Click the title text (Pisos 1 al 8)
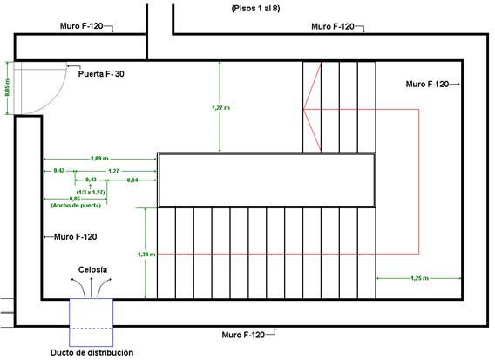pyautogui.click(x=255, y=9)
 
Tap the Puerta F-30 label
pyautogui.click(x=101, y=74)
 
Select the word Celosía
pyautogui.click(x=92, y=269)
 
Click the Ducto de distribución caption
pyautogui.click(x=92, y=352)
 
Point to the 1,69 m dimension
pyautogui.click(x=99, y=159)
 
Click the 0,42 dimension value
pyautogui.click(x=59, y=171)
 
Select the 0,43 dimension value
pyautogui.click(x=91, y=180)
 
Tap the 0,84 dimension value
pyautogui.click(x=132, y=180)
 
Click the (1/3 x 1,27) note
pyautogui.click(x=91, y=192)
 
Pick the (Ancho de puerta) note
pyautogui.click(x=76, y=205)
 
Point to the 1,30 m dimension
pyautogui.click(x=146, y=255)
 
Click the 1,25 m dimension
pyautogui.click(x=419, y=278)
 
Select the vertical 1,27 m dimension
pyautogui.click(x=221, y=108)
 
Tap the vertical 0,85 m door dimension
pyautogui.click(x=7, y=87)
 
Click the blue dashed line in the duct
pyautogui.click(x=92, y=329)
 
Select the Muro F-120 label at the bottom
pyautogui.click(x=243, y=335)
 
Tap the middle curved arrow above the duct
pyautogui.click(x=92, y=288)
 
